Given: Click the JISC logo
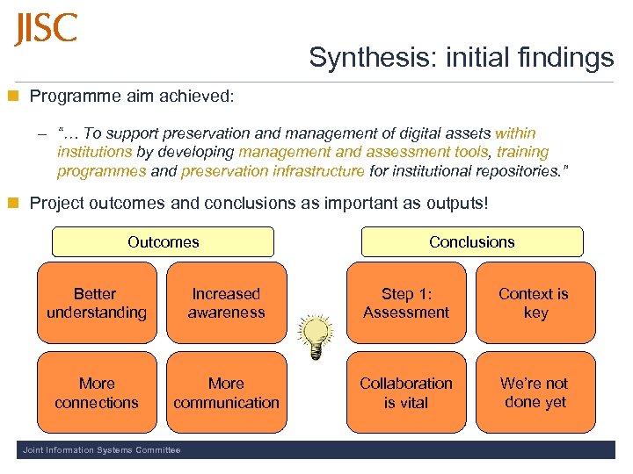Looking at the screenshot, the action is pyautogui.click(x=46, y=29).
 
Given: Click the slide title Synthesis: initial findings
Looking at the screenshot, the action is pyautogui.click(x=461, y=58).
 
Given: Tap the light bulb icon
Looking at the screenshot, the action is pyautogui.click(x=316, y=336).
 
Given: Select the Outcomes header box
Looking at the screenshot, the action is pyautogui.click(x=163, y=241).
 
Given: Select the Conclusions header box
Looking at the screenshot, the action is pyautogui.click(x=472, y=241).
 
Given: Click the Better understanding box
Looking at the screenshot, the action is pyautogui.click(x=97, y=303).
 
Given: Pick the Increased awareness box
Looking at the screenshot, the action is pyautogui.click(x=226, y=303).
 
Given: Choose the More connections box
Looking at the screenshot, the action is pyautogui.click(x=97, y=392).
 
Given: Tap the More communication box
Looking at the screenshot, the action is pyautogui.click(x=226, y=392).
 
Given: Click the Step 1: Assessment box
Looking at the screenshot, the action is pyautogui.click(x=406, y=303).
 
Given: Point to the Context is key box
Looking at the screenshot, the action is pyautogui.click(x=535, y=303).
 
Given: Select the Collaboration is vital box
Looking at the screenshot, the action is pyautogui.click(x=406, y=392).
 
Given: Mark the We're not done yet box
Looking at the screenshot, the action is pyautogui.click(x=535, y=392).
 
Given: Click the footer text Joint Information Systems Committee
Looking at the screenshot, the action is pyautogui.click(x=100, y=450).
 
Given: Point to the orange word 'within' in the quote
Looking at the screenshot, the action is pyautogui.click(x=515, y=133).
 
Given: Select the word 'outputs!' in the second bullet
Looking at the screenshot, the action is pyautogui.click(x=456, y=203).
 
